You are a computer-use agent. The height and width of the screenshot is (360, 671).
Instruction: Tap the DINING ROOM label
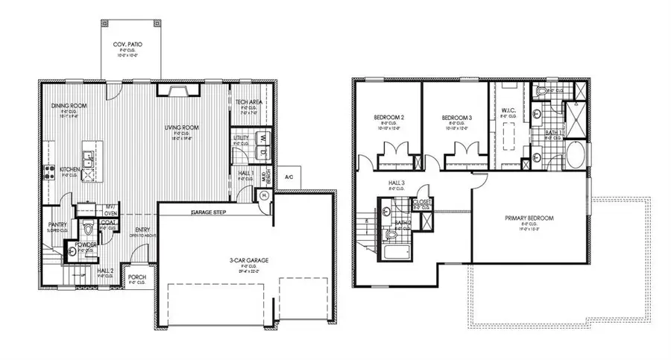coord(69,107)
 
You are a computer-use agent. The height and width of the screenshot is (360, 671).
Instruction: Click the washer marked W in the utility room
coord(262,138)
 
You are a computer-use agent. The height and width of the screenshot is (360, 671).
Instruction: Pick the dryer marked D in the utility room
coord(262,152)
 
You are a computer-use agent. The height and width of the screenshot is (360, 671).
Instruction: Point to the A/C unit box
coord(289,175)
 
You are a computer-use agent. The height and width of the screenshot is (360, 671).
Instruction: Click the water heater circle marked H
coord(265,195)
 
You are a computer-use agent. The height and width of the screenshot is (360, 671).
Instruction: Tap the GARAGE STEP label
coord(209,212)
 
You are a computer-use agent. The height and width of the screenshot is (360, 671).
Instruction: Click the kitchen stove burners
coord(50,174)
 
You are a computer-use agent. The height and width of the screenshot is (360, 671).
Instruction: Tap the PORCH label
coord(136,277)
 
